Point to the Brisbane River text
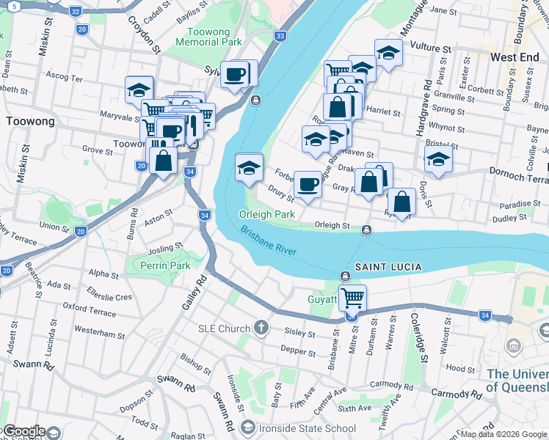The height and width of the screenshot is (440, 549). [x=268, y=240]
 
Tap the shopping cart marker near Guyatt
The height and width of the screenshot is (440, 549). [x=352, y=298]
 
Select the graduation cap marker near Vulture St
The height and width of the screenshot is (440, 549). [x=388, y=53]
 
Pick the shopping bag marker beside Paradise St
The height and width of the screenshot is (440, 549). [x=401, y=202]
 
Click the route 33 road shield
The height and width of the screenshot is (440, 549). [x=280, y=35]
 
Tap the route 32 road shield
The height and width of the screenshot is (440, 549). [x=75, y=12]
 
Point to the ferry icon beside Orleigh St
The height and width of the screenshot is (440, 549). [x=366, y=230]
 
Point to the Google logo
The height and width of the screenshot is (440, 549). [x=23, y=431]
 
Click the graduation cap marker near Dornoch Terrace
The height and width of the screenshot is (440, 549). [x=438, y=158]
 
